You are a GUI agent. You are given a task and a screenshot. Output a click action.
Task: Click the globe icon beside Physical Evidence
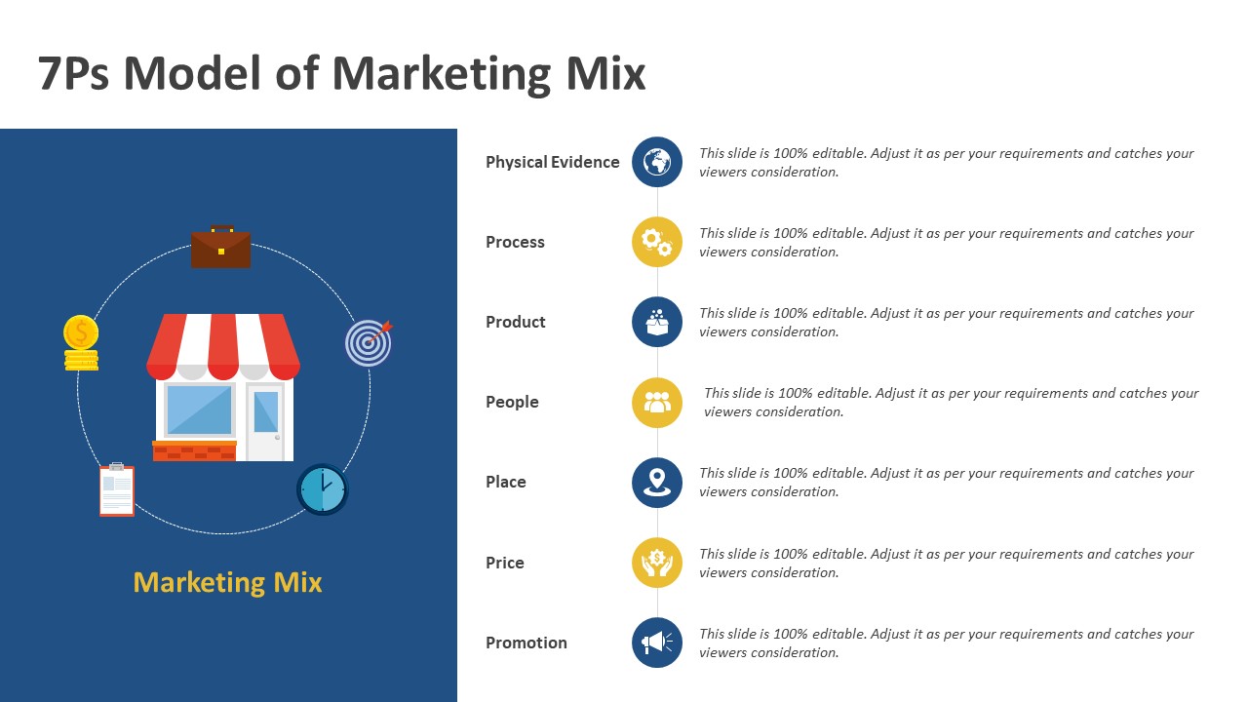point(657,162)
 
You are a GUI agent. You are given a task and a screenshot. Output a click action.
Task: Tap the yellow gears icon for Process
point(657,242)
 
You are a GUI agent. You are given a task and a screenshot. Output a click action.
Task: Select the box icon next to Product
point(657,322)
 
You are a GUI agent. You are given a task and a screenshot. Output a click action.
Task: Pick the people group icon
point(657,403)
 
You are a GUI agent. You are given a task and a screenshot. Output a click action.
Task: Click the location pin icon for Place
point(657,483)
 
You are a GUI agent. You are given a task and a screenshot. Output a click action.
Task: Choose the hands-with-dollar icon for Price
point(657,563)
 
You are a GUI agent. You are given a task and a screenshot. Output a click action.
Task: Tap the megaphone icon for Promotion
point(657,643)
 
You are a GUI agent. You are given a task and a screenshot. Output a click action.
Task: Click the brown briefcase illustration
point(220,247)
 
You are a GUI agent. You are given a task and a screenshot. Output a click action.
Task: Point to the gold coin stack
point(81,343)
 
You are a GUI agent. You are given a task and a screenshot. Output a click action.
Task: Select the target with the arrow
point(369,342)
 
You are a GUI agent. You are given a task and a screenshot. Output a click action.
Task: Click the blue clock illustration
point(323,489)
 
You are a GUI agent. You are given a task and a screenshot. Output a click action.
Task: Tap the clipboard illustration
point(117,489)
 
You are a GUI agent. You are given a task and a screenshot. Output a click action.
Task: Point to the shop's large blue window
point(199,409)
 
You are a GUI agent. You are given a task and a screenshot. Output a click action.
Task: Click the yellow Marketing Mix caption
point(228,583)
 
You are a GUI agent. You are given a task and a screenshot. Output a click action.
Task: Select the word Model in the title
point(192,73)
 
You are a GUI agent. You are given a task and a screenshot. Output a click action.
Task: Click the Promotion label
point(526,643)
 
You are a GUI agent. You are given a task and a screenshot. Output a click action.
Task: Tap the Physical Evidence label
point(553,162)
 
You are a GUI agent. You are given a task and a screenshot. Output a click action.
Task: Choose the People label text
point(512,403)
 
